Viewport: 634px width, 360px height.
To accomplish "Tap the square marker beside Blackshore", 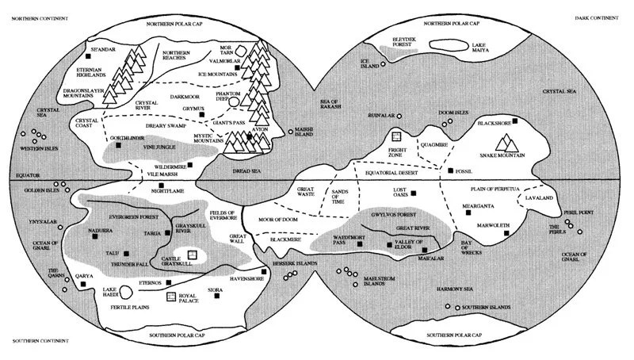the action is (x=515, y=121).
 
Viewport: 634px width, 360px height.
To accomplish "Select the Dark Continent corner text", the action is (x=604, y=15).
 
